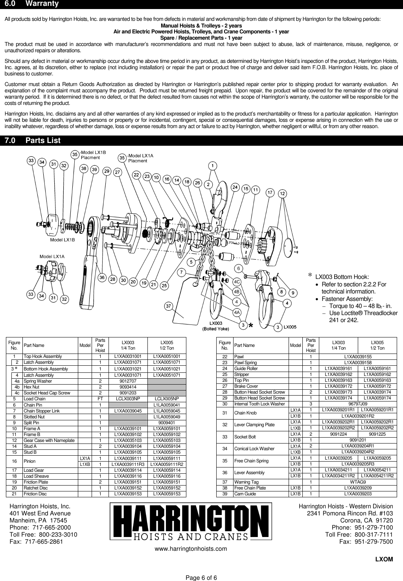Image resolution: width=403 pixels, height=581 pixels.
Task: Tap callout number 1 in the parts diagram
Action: [x=212, y=165]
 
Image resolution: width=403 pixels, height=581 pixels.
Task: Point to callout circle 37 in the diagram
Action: [x=169, y=305]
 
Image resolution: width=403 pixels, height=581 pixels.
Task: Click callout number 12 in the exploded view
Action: [x=283, y=194]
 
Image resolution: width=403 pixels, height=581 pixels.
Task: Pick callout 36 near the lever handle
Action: [x=102, y=278]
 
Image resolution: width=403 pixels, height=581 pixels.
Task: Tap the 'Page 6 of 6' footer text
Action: [x=201, y=577]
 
